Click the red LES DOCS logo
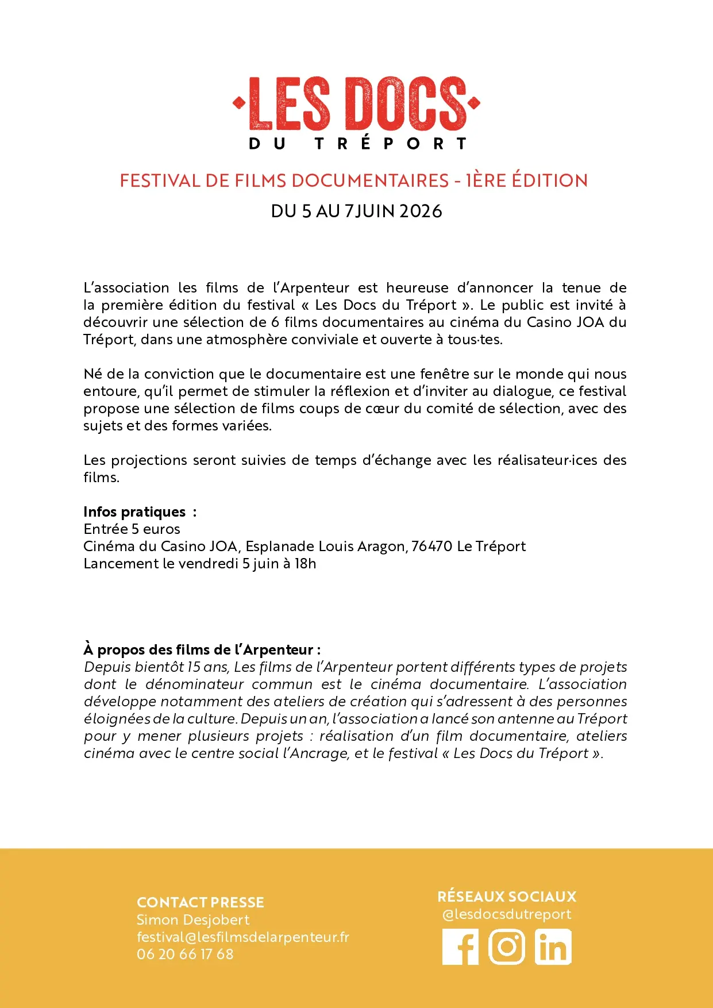(356, 104)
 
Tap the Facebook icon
(460, 947)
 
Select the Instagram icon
(507, 947)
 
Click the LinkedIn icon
(553, 947)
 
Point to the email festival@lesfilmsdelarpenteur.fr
(242, 937)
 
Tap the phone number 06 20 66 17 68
(185, 955)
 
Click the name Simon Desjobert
(193, 920)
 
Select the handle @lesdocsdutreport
(507, 914)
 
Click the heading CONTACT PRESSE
(200, 902)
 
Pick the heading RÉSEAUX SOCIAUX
(507, 897)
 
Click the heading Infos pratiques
(134, 512)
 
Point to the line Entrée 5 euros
(132, 529)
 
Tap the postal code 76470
(432, 547)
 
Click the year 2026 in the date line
(421, 211)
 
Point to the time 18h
(305, 564)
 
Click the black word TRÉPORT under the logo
(391, 144)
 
